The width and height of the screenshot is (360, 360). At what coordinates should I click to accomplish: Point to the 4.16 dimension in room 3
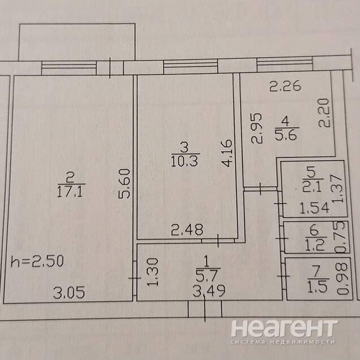point(228,152)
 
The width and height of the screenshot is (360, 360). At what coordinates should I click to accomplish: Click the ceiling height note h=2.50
point(38,262)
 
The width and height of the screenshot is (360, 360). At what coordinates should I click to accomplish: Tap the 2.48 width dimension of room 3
point(187,229)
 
